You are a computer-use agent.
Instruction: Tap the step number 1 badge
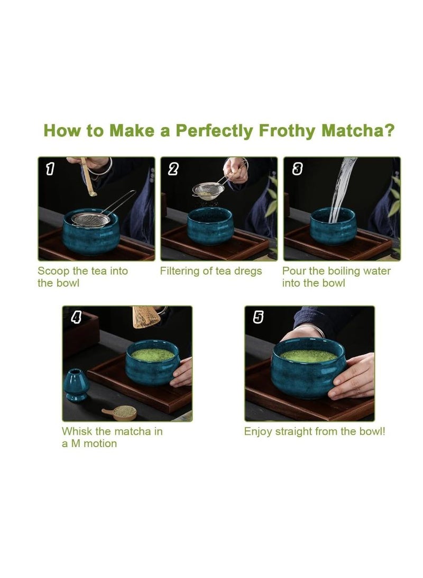pos(50,169)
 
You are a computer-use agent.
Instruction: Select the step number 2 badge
pos(173,169)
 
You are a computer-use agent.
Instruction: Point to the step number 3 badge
pos(297,169)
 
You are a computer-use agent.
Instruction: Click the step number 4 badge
pos(76,318)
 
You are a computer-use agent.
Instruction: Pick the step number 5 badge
pos(258,318)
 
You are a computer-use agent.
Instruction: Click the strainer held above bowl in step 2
pos(207,189)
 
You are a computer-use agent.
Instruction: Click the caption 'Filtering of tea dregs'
pos(211,271)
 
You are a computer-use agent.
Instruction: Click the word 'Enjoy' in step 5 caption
pos(258,432)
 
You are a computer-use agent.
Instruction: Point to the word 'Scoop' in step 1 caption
pos(53,271)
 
